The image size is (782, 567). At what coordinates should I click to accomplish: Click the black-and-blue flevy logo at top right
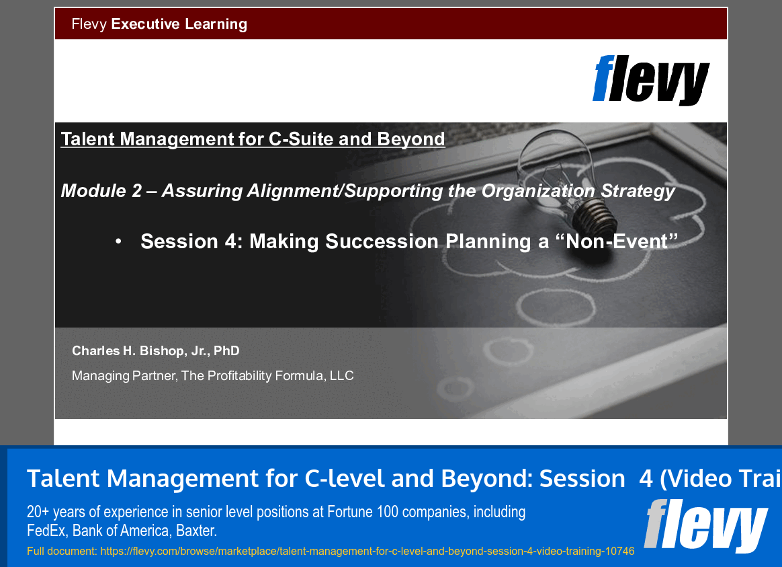(x=650, y=79)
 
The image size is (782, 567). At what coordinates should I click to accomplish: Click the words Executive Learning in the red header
(x=179, y=24)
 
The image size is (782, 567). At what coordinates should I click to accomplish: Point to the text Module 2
(x=101, y=191)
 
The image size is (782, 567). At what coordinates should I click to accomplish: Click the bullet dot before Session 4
(x=118, y=241)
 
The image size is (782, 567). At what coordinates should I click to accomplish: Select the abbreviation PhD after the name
(x=226, y=351)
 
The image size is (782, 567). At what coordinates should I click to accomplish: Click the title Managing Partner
(x=124, y=376)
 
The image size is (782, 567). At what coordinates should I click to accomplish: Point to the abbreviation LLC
(x=341, y=376)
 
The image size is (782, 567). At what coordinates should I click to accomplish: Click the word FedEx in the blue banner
(x=46, y=531)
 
